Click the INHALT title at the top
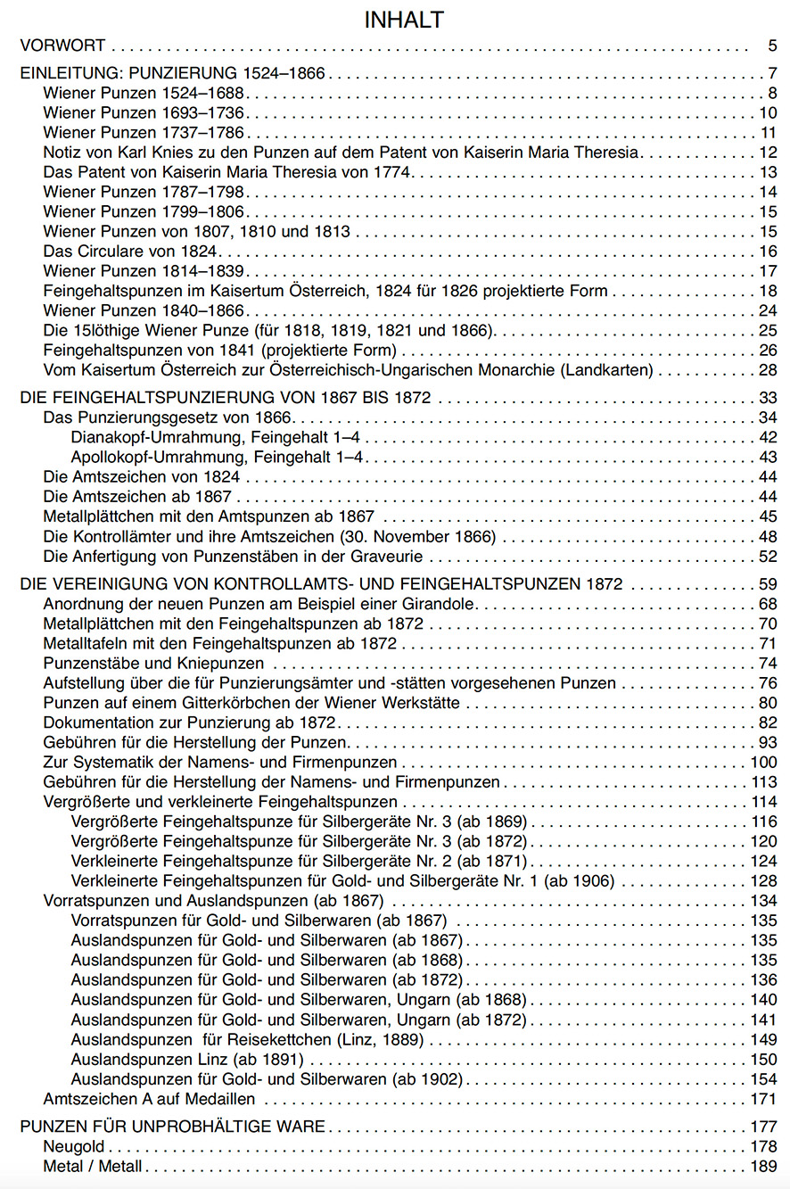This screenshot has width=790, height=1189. (x=404, y=20)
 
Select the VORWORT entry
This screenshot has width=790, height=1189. (x=63, y=45)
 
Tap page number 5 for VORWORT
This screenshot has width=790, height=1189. (x=772, y=45)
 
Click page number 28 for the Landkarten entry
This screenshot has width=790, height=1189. (x=769, y=369)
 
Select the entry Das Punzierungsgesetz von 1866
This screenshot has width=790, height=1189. (x=169, y=417)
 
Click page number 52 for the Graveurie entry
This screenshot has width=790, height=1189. (x=769, y=557)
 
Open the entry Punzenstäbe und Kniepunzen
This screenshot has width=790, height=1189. (x=153, y=663)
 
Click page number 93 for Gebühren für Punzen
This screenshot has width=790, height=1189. (x=769, y=742)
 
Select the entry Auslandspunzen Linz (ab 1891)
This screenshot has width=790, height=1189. (x=187, y=1059)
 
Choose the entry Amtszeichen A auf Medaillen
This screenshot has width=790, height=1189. (x=149, y=1098)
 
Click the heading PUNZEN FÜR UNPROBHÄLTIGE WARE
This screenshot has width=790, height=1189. (x=172, y=1127)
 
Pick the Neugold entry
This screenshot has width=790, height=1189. (x=74, y=1146)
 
